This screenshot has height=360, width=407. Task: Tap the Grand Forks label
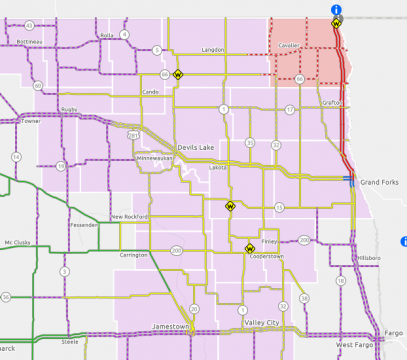[379, 183]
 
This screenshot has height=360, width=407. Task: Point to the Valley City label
[261, 323]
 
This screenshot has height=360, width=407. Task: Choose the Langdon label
[213, 49]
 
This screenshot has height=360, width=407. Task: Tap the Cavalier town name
[289, 45]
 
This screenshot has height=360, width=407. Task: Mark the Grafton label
[305, 102]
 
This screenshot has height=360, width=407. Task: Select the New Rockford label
[129, 216]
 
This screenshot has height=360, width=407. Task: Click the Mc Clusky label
[17, 241]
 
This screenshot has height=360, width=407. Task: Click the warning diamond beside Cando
[178, 74]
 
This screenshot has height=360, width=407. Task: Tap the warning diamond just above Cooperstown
[249, 247]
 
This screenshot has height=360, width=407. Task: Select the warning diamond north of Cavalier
[337, 21]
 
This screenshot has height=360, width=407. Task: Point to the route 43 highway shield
[30, 24]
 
